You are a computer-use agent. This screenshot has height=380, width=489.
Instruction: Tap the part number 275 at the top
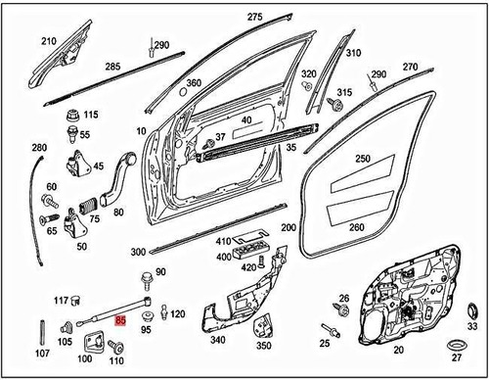tap(255, 18)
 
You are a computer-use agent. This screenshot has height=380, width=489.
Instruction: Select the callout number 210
tap(49, 41)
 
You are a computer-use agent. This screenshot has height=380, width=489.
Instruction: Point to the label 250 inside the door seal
tap(362, 159)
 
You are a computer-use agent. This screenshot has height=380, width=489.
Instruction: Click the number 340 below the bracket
tap(217, 340)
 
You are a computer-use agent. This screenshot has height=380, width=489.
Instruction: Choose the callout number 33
tap(470, 326)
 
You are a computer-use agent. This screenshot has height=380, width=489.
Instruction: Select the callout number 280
tap(39, 148)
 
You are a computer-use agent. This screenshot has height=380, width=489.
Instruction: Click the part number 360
tap(194, 82)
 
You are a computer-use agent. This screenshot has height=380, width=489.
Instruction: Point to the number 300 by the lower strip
tap(138, 252)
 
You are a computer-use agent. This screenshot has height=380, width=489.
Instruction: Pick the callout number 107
tap(42, 353)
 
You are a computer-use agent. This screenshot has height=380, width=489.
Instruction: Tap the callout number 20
tap(397, 349)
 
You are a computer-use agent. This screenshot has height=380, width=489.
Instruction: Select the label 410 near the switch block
tap(223, 242)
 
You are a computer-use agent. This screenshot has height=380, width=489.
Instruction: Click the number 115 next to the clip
tap(91, 115)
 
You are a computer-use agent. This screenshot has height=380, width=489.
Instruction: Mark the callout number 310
tap(353, 53)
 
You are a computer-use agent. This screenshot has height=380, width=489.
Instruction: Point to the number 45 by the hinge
tap(99, 166)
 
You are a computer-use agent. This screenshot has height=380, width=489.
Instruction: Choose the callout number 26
tap(343, 298)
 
